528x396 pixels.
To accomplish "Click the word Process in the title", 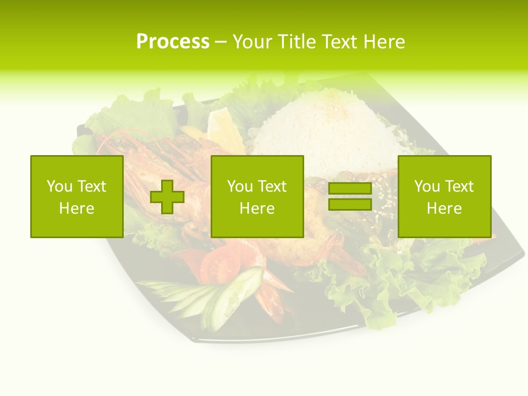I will (x=173, y=42).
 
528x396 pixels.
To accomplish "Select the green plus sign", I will (x=167, y=196).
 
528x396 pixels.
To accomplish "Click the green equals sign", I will (x=350, y=196).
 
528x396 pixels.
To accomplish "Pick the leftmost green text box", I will (x=76, y=196).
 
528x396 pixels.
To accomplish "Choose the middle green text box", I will (x=257, y=196).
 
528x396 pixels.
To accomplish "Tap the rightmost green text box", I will (x=444, y=196).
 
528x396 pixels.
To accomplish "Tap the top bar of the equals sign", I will (x=350, y=189).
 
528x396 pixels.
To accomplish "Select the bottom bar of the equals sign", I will (x=350, y=204).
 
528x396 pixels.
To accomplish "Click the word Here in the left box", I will (x=76, y=208).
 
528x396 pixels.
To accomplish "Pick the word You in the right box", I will (x=427, y=186).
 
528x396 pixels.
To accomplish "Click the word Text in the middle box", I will (x=272, y=186).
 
